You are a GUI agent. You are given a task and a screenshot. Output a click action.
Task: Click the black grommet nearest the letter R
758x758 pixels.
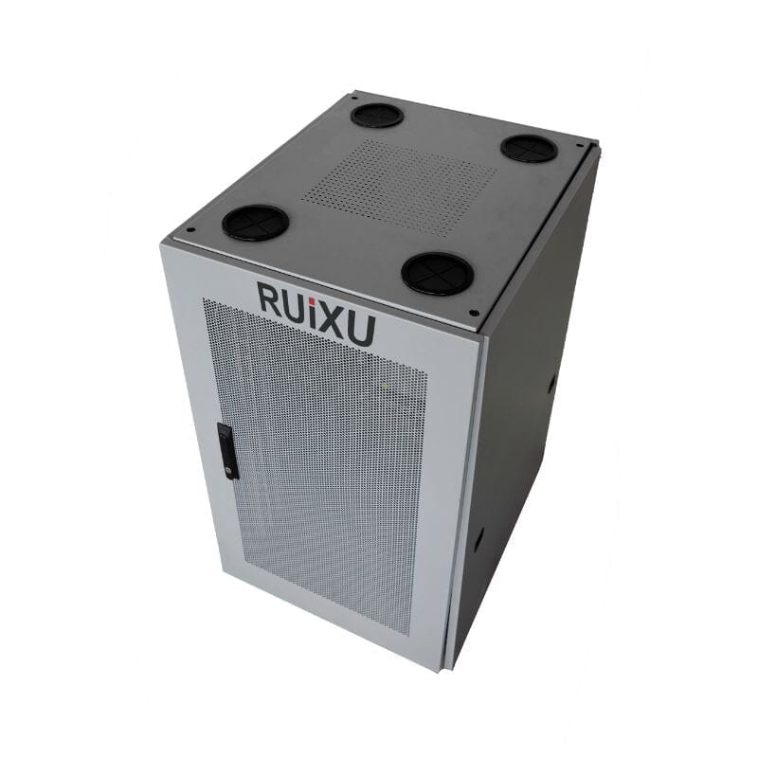[255, 222]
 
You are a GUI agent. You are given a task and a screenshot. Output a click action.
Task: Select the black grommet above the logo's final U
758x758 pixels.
[437, 273]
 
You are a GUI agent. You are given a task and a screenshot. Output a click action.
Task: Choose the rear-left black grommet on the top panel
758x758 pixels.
[376, 115]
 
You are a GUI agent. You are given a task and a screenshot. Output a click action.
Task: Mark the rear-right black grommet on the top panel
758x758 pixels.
[528, 148]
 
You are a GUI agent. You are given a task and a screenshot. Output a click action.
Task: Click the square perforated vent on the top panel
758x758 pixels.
[399, 187]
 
